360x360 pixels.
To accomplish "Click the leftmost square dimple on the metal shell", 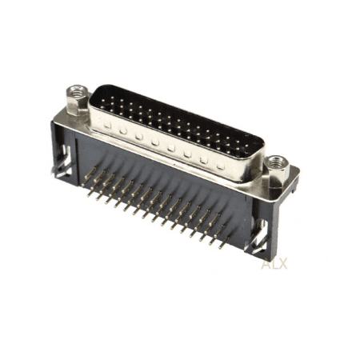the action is (107, 125).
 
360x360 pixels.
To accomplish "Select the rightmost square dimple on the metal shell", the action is (220, 166).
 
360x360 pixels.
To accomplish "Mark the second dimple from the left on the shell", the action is (123, 130).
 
